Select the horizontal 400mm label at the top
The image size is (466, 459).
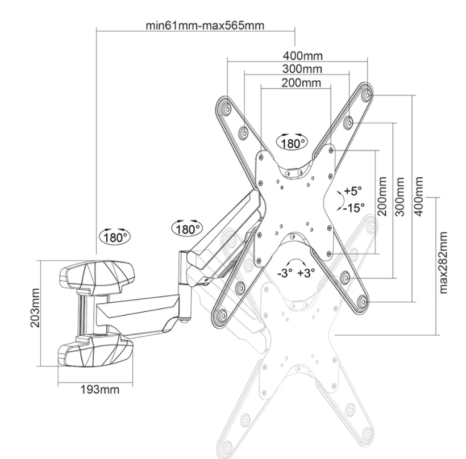pos(303,56)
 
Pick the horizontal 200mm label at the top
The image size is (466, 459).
pos(301,83)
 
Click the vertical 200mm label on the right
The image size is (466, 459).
pos(382,196)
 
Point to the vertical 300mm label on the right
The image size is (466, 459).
pos(401,196)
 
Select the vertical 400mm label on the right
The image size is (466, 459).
pos(419,196)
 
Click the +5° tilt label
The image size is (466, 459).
pos(352,190)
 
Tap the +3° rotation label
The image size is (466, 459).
pos(306,273)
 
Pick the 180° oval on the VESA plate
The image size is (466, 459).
pos(292,143)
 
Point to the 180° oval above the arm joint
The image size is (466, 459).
pos(188,229)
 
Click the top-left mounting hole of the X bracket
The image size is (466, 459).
pos(223,107)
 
